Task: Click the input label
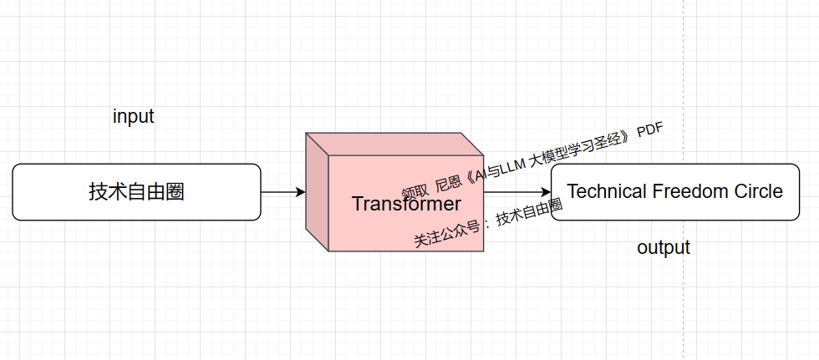point(133,117)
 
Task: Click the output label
point(664,248)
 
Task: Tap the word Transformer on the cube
point(406,204)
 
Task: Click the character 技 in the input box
point(98,192)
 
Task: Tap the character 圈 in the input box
point(175,192)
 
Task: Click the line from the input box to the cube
point(279,192)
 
